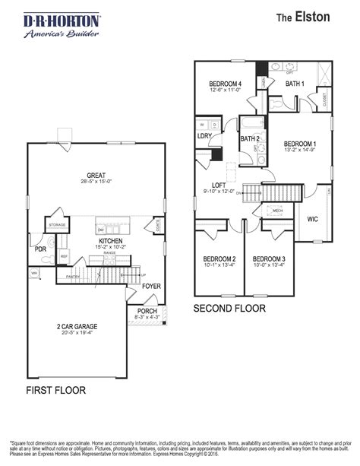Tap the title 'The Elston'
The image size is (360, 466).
click(x=302, y=17)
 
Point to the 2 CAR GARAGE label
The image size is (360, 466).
click(x=76, y=326)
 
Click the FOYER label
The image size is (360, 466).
click(x=152, y=287)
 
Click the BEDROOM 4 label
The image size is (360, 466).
click(x=226, y=84)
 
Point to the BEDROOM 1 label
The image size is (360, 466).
click(x=300, y=143)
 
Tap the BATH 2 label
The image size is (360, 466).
click(x=250, y=138)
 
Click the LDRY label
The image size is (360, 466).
click(x=204, y=136)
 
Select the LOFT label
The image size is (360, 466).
click(x=219, y=185)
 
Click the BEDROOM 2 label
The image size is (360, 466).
click(x=218, y=259)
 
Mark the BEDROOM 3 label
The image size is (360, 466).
click(x=269, y=259)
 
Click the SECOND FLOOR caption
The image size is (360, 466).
click(x=229, y=309)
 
